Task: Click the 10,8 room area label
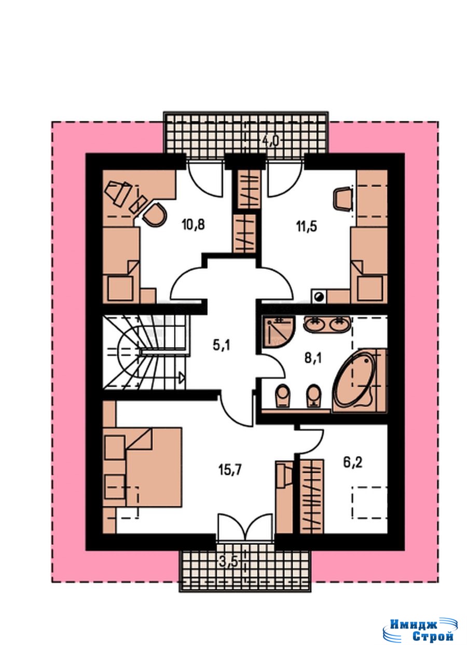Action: click(x=194, y=225)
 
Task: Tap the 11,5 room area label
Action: click(x=307, y=226)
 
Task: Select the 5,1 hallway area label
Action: click(x=222, y=345)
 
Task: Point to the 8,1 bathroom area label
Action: click(x=313, y=359)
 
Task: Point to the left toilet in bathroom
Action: click(x=283, y=397)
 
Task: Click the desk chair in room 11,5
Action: click(x=342, y=199)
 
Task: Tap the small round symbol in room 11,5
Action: click(x=319, y=297)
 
